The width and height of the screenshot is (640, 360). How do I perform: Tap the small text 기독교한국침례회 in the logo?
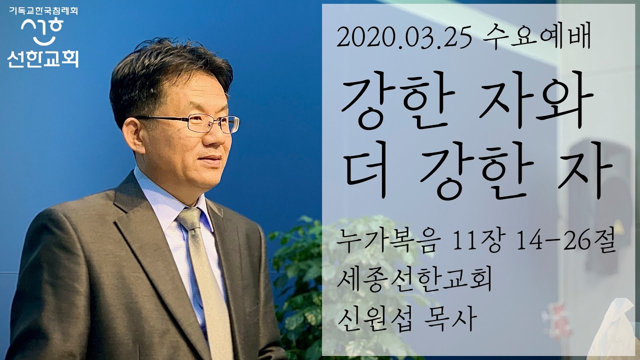43,9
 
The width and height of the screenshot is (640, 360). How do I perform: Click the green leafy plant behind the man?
300,280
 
